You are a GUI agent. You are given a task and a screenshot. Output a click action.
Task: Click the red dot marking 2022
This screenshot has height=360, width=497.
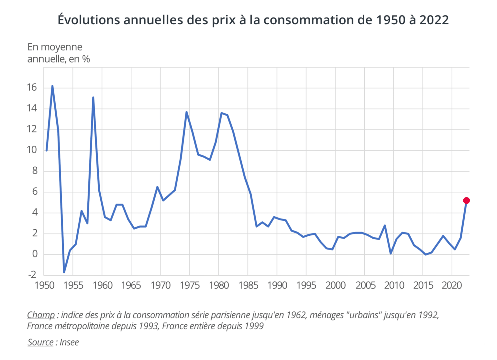[466, 201]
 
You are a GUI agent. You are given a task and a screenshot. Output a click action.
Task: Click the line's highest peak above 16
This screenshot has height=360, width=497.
[52, 86]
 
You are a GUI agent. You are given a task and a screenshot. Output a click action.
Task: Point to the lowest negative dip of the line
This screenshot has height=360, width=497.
[64, 272]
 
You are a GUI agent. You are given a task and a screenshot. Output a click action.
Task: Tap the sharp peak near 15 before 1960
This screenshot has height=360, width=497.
[93, 97]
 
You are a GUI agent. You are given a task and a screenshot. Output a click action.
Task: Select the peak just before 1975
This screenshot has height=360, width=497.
[186, 112]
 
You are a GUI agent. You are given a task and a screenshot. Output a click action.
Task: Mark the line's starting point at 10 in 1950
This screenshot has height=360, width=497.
[47, 151]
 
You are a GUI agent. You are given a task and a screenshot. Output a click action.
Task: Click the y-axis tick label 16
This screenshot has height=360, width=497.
[32, 87]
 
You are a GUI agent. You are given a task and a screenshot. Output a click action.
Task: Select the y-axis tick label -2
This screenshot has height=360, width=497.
[32, 275]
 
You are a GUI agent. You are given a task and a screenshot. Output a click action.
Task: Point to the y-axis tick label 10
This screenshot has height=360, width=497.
[32, 150]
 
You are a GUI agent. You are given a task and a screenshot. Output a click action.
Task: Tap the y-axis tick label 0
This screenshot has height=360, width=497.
[35, 254]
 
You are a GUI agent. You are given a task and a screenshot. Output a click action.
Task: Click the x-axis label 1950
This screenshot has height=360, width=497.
[44, 286]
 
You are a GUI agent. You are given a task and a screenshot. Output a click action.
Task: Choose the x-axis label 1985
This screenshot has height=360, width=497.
[248, 286]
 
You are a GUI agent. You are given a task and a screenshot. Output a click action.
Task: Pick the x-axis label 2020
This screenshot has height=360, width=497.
[452, 286]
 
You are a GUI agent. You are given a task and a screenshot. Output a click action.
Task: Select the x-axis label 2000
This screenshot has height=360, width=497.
[336, 286]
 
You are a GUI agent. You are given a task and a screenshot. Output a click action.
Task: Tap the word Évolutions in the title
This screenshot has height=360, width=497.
[89, 20]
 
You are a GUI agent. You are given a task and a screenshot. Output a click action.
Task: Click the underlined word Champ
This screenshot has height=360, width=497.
[41, 315]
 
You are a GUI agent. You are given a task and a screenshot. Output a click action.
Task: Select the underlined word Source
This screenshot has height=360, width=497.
[40, 342]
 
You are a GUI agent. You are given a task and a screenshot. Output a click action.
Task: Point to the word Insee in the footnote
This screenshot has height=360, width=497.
[69, 342]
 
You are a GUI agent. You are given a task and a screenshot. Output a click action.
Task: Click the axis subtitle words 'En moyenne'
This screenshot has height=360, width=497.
[55, 47]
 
